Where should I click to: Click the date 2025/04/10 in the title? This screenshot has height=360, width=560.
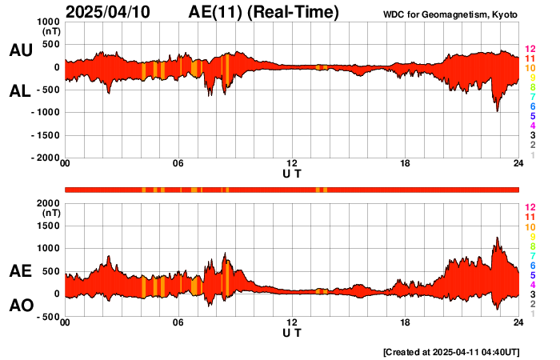coord(116,12)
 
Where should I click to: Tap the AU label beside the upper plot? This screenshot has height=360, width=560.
coord(20,50)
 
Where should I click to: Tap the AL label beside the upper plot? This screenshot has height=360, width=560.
coord(20,91)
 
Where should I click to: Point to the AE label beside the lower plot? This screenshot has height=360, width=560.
coord(20,272)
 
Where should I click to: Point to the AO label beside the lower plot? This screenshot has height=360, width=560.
coord(20,306)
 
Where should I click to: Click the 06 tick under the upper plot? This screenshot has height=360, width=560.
coord(178,164)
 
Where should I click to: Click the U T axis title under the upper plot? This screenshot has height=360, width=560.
coord(292,173)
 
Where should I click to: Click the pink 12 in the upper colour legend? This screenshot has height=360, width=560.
coord(530,50)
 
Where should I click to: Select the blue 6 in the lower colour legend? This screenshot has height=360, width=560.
coord(532,265)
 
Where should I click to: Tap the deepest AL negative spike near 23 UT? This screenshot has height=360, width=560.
coord(497,110)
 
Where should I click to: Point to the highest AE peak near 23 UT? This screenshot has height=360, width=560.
coord(498,238)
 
